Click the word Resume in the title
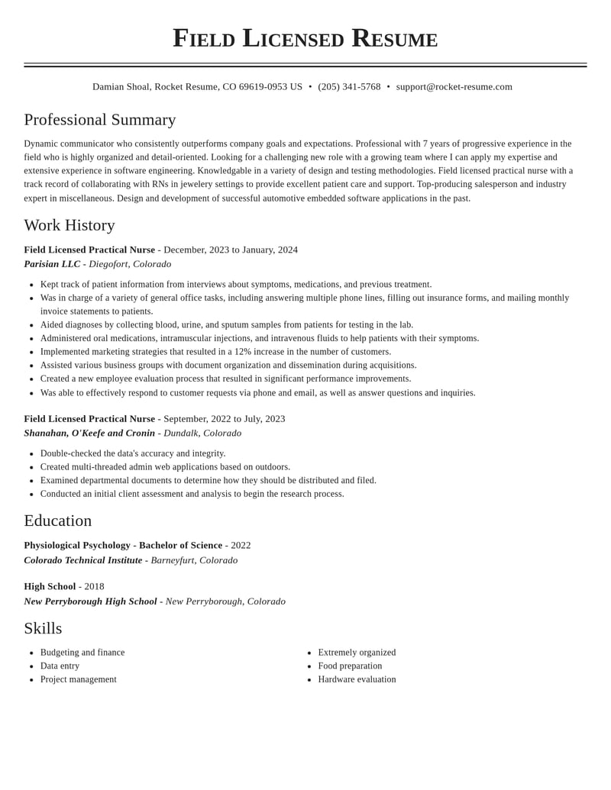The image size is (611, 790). pyautogui.click(x=394, y=38)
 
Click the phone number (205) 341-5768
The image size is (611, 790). pyautogui.click(x=349, y=87)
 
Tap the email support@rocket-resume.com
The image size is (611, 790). pyautogui.click(x=454, y=87)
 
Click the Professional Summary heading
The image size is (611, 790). pyautogui.click(x=100, y=120)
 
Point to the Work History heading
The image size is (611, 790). pyautogui.click(x=70, y=225)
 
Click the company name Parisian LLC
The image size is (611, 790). pyautogui.click(x=52, y=264)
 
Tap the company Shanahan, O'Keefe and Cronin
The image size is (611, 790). pyautogui.click(x=89, y=434)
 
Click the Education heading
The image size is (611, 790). pyautogui.click(x=58, y=521)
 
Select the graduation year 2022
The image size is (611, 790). pyautogui.click(x=241, y=545)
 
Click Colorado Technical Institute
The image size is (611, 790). pyautogui.click(x=83, y=560)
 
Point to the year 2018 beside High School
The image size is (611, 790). pyautogui.click(x=94, y=586)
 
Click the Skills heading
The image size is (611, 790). pyautogui.click(x=43, y=628)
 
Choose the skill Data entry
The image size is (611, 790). pyautogui.click(x=60, y=666)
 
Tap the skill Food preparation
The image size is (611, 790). pyautogui.click(x=350, y=666)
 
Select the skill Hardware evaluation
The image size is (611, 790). pyautogui.click(x=357, y=679)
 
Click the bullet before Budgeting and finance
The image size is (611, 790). pyautogui.click(x=31, y=653)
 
